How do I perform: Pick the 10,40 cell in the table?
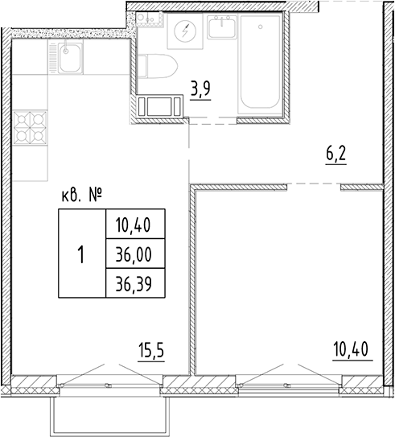(134, 225)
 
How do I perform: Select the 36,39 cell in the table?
(134, 283)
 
